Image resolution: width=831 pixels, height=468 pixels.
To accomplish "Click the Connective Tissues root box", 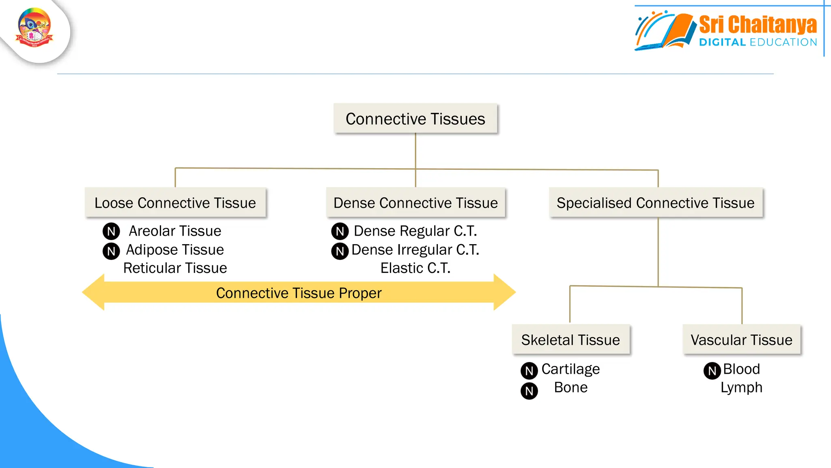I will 415,119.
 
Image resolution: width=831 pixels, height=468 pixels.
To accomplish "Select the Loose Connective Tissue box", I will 175,202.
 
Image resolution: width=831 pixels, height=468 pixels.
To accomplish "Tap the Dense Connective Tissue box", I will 415,202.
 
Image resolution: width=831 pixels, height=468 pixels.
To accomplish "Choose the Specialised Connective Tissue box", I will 655,202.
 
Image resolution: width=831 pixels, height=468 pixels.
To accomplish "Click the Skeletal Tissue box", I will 571,339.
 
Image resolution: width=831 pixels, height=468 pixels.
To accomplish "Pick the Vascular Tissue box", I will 741,339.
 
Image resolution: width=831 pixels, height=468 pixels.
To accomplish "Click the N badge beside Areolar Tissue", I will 111,231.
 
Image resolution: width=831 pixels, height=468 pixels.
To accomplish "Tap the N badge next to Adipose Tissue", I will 111,251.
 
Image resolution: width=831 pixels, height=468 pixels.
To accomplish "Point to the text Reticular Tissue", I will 175,268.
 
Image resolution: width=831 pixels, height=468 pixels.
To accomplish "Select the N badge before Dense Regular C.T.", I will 340,231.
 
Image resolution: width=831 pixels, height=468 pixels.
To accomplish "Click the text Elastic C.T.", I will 415,268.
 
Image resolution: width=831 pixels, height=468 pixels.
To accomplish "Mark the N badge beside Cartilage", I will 529,370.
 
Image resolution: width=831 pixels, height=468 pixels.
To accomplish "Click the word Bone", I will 571,387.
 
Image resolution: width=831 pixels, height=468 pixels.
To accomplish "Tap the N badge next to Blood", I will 712,370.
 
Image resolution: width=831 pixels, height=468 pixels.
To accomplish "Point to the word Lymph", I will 741,387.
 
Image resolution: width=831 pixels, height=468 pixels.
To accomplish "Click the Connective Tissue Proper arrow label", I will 299,293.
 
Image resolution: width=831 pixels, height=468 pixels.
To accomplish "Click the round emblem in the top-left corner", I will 34,28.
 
